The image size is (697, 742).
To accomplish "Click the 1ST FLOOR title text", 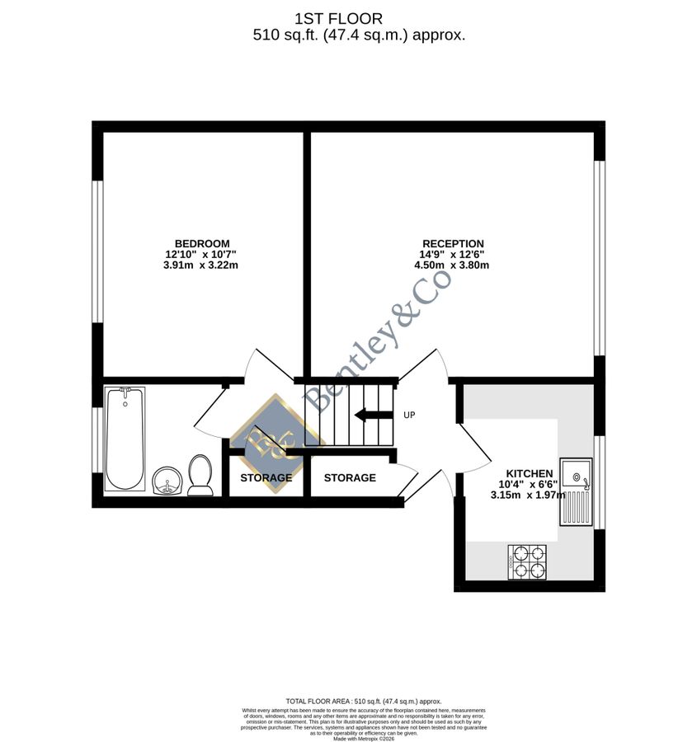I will (338, 18).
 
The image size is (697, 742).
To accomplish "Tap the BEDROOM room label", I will (201, 243).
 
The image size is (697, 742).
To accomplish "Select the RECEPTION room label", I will (453, 243).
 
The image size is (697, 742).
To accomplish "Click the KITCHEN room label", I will (529, 473).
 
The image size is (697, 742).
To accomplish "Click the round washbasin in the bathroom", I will (167, 480).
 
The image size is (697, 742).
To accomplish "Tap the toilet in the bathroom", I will (200, 476).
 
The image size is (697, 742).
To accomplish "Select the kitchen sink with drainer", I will (576, 491).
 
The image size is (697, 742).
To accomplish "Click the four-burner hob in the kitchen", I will (528, 561).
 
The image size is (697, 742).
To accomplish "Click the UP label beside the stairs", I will (409, 415).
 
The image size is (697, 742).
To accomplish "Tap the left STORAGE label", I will (266, 478).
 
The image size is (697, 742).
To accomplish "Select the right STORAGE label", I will (350, 478).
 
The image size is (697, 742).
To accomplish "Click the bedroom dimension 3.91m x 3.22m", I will (201, 265).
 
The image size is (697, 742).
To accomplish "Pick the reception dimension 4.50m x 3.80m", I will (453, 265).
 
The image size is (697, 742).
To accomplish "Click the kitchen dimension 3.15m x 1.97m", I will (528, 495).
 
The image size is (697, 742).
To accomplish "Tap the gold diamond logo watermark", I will (276, 443).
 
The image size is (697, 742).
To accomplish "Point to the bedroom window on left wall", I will (97, 251).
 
